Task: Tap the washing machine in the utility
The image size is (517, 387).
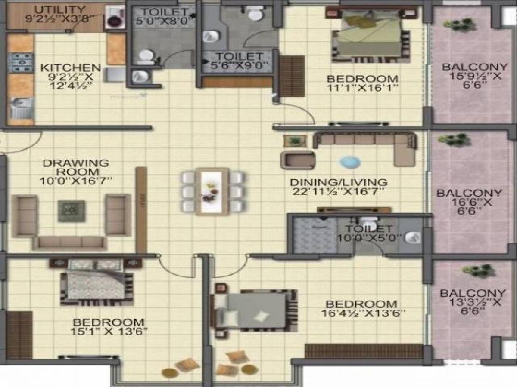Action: pos(113,18)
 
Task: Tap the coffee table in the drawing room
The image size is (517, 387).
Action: pos(71,211)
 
